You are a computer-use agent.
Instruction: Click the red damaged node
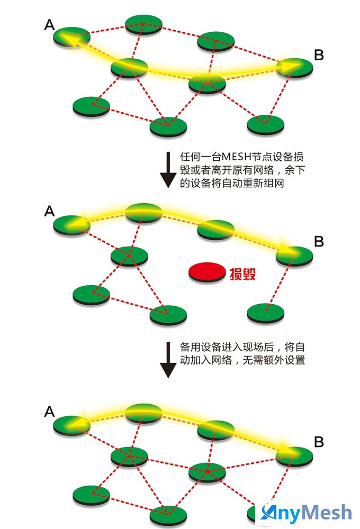coord(207,272)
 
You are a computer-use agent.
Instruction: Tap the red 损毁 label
coord(242,274)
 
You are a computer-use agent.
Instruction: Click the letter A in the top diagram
coord(49,25)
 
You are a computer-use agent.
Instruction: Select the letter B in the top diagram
coord(319,55)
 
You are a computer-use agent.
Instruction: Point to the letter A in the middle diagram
coord(49,211)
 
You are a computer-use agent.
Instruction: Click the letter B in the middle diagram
coord(319,242)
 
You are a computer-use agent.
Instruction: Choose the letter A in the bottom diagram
coord(49,412)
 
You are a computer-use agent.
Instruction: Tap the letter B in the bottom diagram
coord(319,442)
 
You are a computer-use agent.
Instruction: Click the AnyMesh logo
coord(306,513)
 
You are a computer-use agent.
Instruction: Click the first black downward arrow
coord(168,169)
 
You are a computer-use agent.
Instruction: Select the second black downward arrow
coord(168,360)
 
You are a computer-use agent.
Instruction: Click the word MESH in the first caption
coord(236,157)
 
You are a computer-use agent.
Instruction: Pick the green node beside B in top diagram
coord(294,68)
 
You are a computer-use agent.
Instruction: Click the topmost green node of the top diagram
coord(143,24)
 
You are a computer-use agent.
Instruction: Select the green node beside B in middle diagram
coord(294,256)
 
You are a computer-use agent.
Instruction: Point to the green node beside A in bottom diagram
coord(71,425)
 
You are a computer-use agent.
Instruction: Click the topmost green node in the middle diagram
coord(143,213)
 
